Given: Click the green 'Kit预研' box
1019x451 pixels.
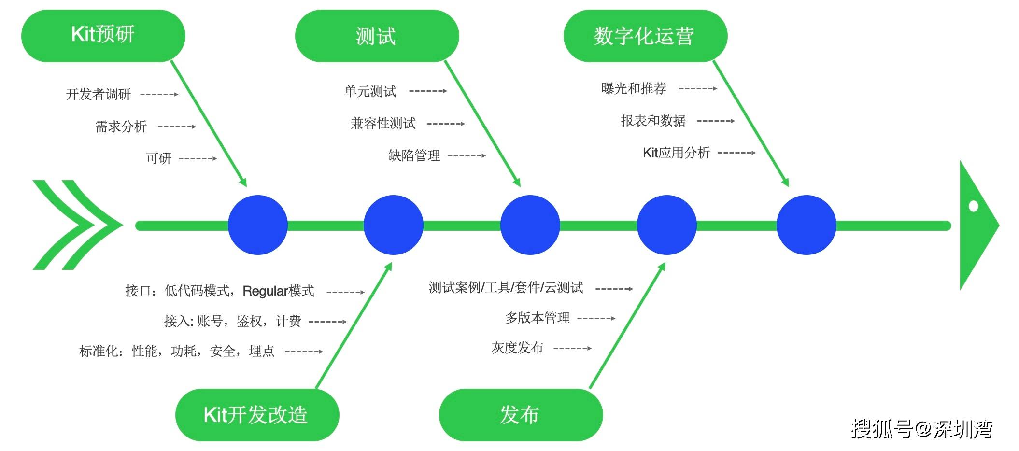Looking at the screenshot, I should (x=103, y=36).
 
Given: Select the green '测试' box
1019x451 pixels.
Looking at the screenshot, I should (x=377, y=36).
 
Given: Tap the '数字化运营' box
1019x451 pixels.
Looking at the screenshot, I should (x=645, y=36).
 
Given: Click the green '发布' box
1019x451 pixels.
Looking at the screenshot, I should (x=521, y=414).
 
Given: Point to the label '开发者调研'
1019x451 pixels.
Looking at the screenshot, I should (x=99, y=94).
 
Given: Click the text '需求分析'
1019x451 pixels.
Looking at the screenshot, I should (x=121, y=127).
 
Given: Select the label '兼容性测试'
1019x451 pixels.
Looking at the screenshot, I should (x=383, y=124).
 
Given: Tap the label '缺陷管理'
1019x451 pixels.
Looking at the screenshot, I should (x=414, y=155).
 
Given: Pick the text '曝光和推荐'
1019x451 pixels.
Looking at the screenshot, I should (x=634, y=88).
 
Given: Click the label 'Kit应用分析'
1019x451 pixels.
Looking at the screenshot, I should (x=676, y=153).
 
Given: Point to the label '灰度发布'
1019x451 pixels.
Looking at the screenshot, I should (x=517, y=348).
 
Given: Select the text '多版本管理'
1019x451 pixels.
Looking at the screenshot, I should (x=537, y=318).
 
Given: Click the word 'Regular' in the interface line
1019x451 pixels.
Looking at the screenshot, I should (x=265, y=291).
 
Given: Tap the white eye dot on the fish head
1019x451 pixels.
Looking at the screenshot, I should (x=973, y=206).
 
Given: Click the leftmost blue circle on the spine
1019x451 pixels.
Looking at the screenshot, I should (x=257, y=225).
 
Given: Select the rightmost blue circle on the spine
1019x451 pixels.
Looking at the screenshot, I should (x=806, y=225).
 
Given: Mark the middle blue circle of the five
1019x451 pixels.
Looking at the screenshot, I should (x=530, y=225).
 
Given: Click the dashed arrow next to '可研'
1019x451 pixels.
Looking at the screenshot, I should (x=198, y=158).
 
